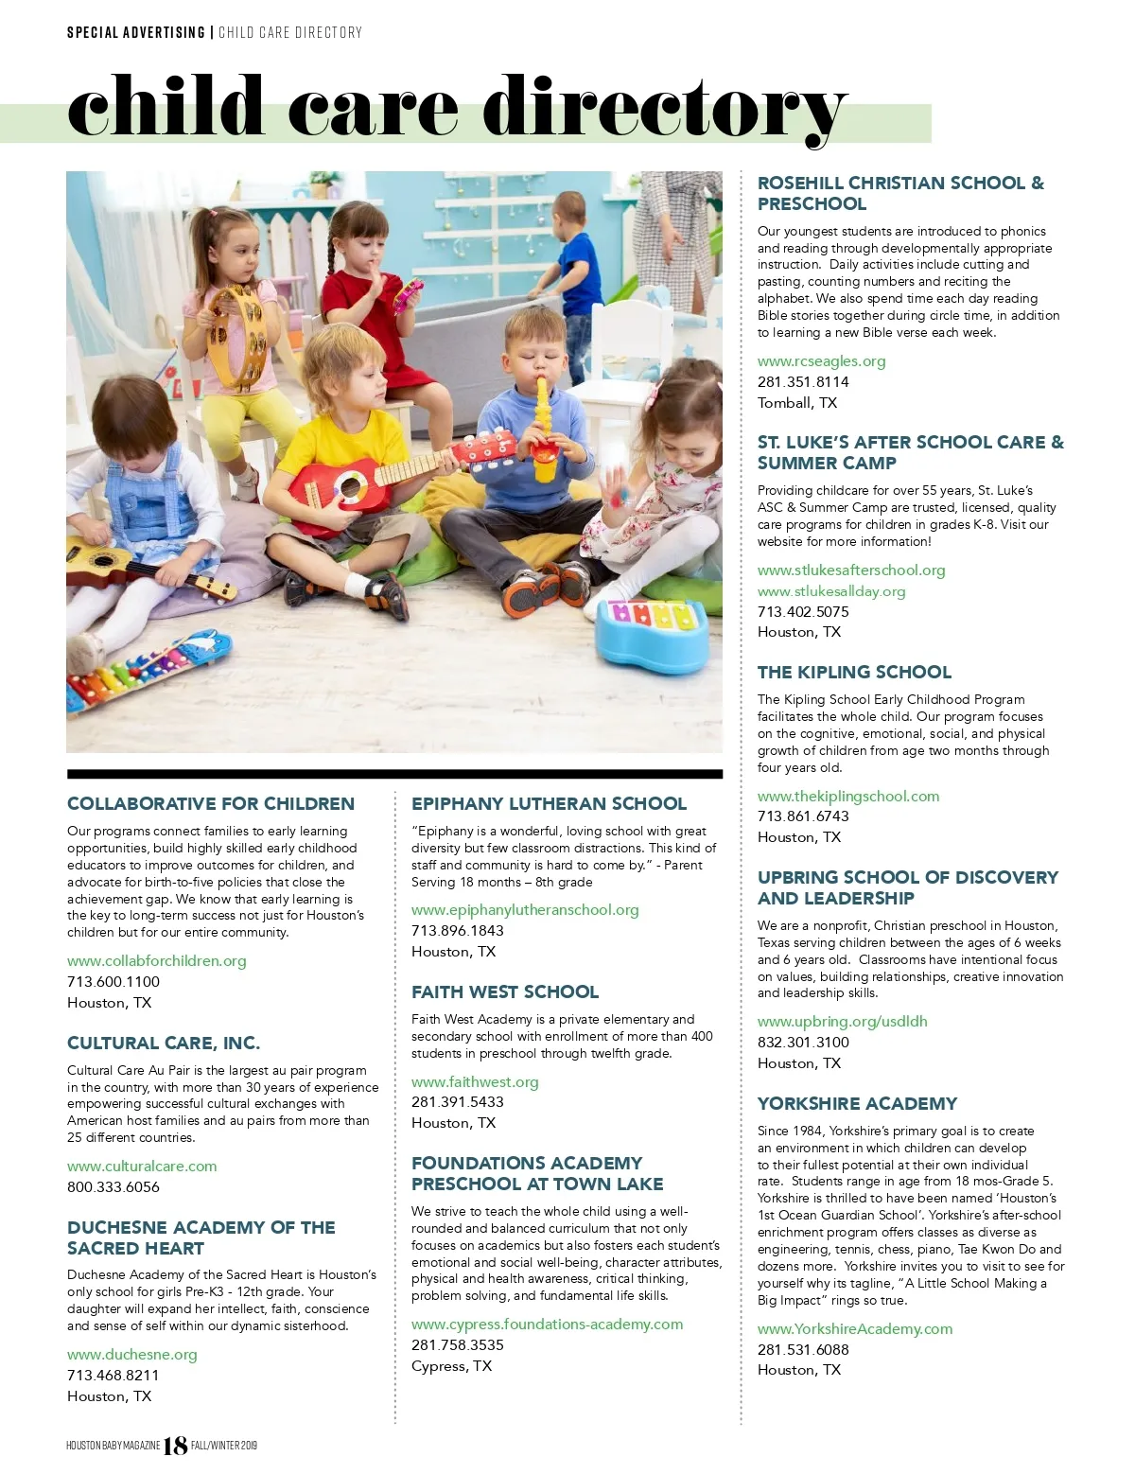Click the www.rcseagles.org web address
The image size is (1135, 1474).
coord(821,361)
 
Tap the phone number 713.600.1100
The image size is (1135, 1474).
coord(113,982)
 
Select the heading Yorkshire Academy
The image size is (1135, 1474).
coord(857,1103)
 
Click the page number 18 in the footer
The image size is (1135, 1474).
coord(176,1446)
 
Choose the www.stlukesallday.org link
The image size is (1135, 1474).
coord(831,591)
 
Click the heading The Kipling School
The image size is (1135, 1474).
coord(854,673)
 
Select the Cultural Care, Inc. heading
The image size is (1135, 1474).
coord(164,1044)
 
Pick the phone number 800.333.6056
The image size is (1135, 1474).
coord(113,1187)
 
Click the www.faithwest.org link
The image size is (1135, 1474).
coord(475,1082)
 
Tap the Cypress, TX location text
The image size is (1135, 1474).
coord(451,1366)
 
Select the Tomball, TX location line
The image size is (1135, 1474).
coord(797,403)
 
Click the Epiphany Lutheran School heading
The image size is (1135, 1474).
coord(549,804)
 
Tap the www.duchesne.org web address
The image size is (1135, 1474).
coord(132,1355)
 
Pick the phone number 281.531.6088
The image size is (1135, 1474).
coord(803,1350)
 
